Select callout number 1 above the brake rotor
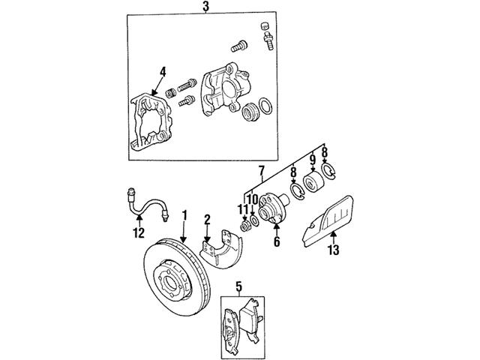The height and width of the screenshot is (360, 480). (x=183, y=216)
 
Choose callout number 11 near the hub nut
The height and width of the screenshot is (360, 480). (x=242, y=210)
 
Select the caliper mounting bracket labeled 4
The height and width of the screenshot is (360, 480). (x=154, y=124)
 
